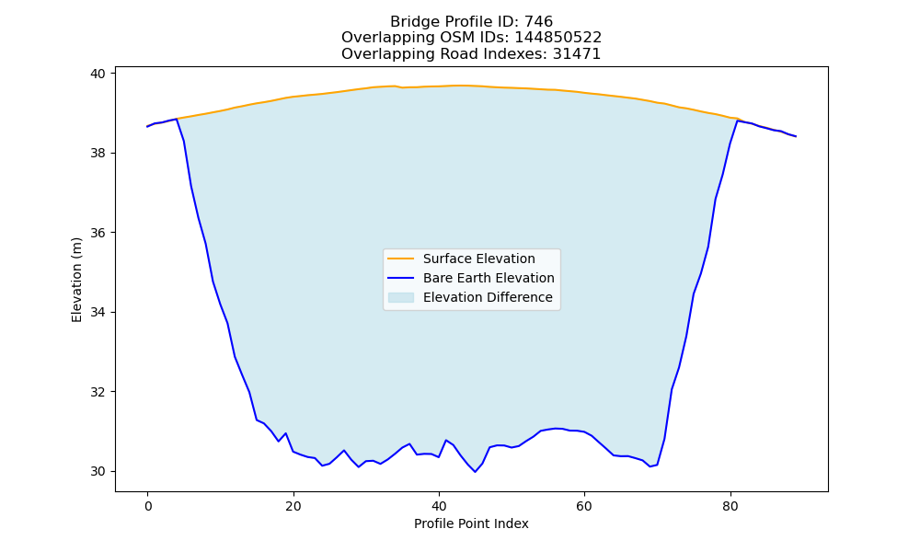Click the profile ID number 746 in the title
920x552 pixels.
tap(538, 22)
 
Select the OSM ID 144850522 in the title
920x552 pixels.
tap(558, 38)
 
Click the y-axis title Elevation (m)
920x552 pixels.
tap(76, 280)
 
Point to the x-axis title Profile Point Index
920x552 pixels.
tap(471, 523)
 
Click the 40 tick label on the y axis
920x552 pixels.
tap(98, 74)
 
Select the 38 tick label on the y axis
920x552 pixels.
tap(98, 153)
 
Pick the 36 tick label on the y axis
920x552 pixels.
tap(98, 233)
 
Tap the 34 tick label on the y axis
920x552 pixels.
tap(98, 312)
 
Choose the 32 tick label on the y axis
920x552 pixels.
tap(98, 392)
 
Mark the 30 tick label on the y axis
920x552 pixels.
tap(98, 472)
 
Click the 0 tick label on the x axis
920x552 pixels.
tap(148, 506)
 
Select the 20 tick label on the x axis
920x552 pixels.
tap(293, 506)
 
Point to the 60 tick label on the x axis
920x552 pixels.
tap(584, 506)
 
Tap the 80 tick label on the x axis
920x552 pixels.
tap(730, 506)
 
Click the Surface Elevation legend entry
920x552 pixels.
tap(461, 259)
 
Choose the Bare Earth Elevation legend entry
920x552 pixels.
tap(470, 278)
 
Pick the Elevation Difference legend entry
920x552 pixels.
tap(470, 297)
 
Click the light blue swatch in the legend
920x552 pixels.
tap(401, 297)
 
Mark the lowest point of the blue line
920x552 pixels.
tap(476, 472)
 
